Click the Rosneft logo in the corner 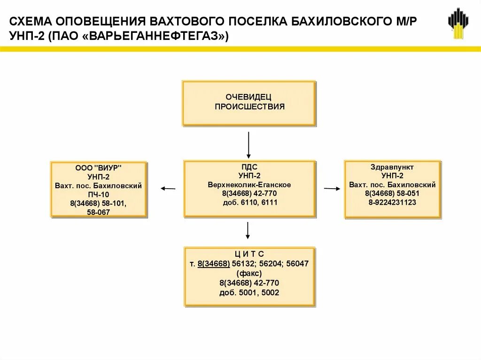click(x=458, y=23)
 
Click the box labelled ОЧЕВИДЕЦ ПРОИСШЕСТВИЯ click(x=249, y=103)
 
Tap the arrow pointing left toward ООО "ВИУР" click(x=168, y=189)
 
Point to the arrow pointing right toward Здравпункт click(x=332, y=189)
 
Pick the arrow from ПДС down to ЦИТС click(x=248, y=230)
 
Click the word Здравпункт click(x=392, y=167)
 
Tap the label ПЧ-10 click(x=99, y=195)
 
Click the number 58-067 click(x=99, y=213)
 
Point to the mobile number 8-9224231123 click(x=392, y=202)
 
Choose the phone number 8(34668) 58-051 click(x=392, y=193)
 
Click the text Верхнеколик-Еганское click(x=249, y=184)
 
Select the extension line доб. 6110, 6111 click(x=249, y=202)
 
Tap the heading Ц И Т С click(x=249, y=254)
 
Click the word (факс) click(x=249, y=273)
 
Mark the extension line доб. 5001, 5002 click(x=249, y=292)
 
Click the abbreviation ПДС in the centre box click(x=249, y=167)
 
